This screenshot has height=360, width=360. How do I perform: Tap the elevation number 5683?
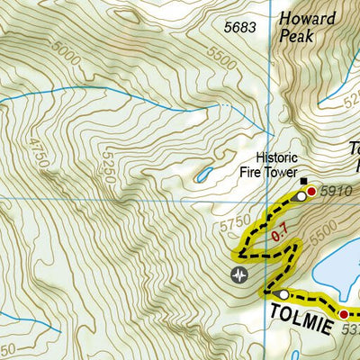pos(240,28)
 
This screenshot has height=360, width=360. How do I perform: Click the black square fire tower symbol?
pos(303,180)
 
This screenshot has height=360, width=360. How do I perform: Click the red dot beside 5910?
pos(311,191)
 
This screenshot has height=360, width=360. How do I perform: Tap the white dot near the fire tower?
pos(301,196)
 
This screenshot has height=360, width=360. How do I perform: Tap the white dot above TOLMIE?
pos(284,294)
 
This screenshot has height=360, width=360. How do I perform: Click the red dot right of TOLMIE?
pos(343,313)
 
